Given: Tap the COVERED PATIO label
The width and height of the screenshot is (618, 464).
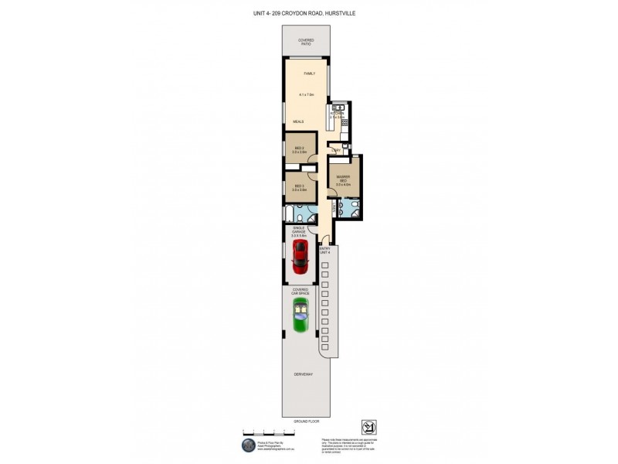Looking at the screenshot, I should (307, 43).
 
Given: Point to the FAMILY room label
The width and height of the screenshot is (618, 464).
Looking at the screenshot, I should (309, 73).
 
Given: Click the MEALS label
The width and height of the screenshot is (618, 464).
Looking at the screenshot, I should (298, 121).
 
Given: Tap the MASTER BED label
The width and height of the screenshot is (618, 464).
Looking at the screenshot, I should (344, 179).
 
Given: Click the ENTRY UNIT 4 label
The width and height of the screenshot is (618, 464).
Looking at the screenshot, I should (324, 249).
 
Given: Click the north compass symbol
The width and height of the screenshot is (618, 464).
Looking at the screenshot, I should (368, 427).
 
